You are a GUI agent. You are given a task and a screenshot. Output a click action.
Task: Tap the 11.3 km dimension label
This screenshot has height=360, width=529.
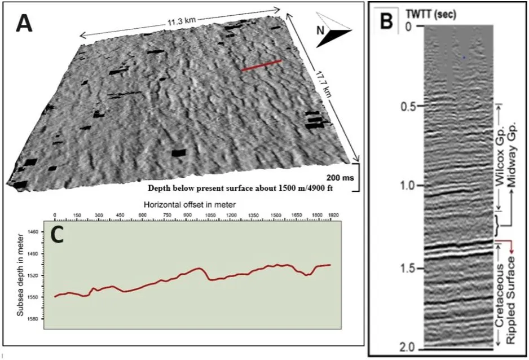(x=181, y=21)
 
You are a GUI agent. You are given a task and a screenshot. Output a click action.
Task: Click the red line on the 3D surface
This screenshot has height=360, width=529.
(x=261, y=66)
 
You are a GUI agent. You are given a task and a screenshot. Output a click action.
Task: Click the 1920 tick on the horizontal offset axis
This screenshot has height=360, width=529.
(x=335, y=216)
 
